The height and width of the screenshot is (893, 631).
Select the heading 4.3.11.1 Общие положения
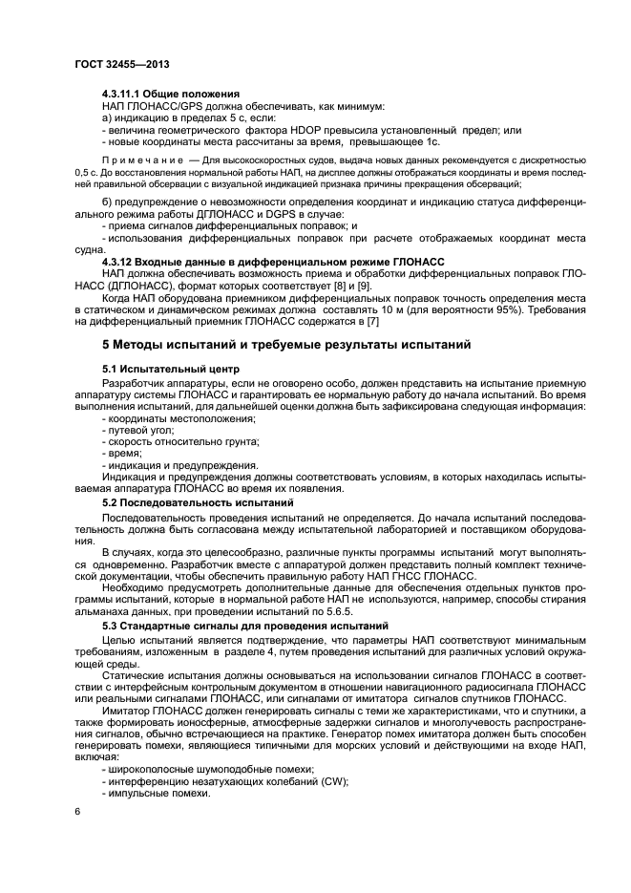click(170, 94)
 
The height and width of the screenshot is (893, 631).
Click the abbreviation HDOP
click(305, 130)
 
